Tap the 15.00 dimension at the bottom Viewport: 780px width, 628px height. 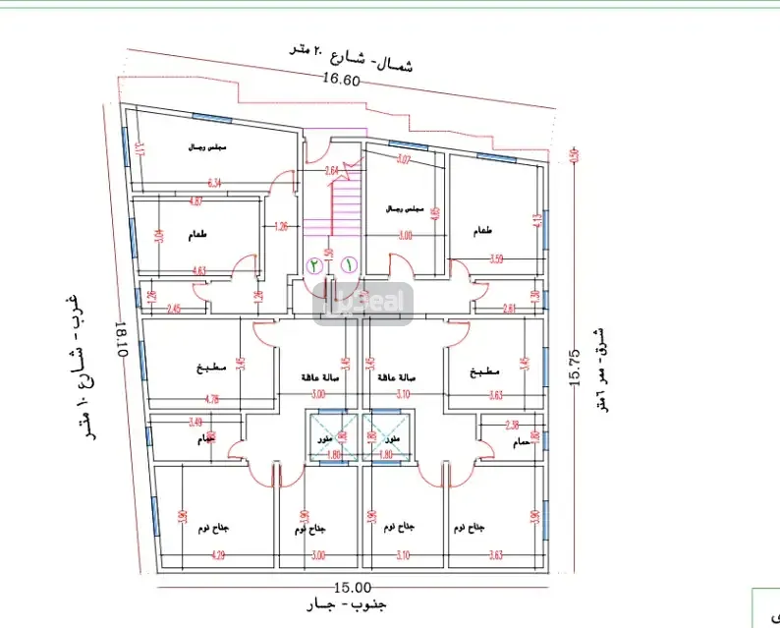point(349,587)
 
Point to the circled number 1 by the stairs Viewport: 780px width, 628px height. point(349,264)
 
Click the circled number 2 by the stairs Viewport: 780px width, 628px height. point(314,264)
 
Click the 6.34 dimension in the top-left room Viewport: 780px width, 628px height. point(216,182)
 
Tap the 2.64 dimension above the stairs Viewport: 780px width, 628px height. point(331,170)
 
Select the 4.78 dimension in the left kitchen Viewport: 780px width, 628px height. point(211,399)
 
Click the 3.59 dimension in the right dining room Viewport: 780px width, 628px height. point(496,259)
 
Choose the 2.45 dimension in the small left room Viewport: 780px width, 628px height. point(173,309)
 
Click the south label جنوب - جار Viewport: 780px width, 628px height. point(349,604)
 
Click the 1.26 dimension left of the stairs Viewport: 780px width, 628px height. point(282,226)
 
